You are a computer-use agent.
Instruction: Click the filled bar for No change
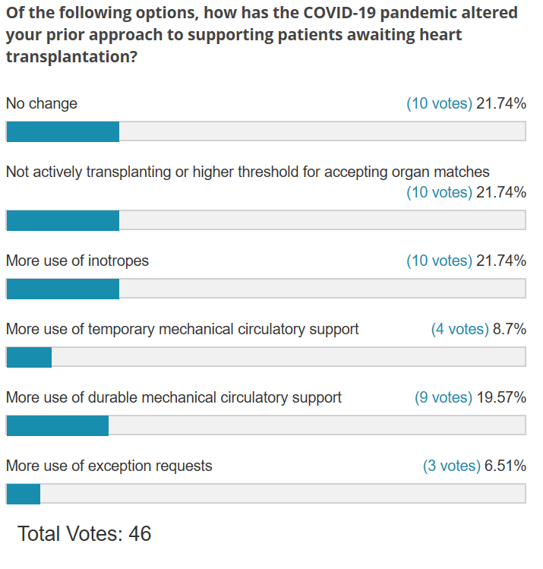point(62,131)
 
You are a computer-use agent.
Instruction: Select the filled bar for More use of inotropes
point(62,289)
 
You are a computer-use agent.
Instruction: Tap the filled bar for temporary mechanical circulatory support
point(29,357)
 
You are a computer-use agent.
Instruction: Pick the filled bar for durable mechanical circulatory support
point(57,425)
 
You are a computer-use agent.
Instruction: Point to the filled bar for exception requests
point(23,494)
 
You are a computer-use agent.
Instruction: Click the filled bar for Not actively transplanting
point(62,220)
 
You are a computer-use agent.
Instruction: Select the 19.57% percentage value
point(501,397)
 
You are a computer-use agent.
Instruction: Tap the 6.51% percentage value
point(505,466)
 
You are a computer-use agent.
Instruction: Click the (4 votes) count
point(459,329)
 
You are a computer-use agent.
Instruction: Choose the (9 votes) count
point(444,397)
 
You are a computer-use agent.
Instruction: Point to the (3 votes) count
point(451,466)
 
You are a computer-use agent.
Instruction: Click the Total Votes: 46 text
point(84,533)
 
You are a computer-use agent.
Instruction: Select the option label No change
point(42,103)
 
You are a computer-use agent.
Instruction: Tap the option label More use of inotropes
point(77,261)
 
